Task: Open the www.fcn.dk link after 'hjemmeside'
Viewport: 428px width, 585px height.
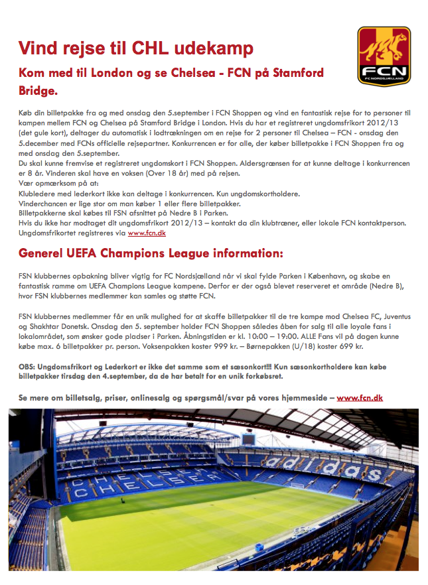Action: click(359, 398)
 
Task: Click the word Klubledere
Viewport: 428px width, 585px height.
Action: click(36, 194)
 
